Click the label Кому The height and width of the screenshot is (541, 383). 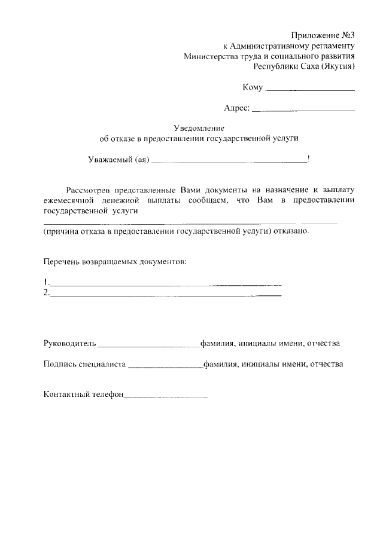coord(253,88)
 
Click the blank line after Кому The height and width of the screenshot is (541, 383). coord(309,90)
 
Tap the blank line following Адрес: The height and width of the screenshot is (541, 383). coord(303,111)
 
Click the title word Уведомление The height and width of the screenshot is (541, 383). coord(198,127)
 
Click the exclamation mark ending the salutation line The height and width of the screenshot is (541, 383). coord(308,159)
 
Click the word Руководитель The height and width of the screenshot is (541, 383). coord(69,344)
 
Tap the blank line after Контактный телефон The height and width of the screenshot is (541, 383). coord(166,397)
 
